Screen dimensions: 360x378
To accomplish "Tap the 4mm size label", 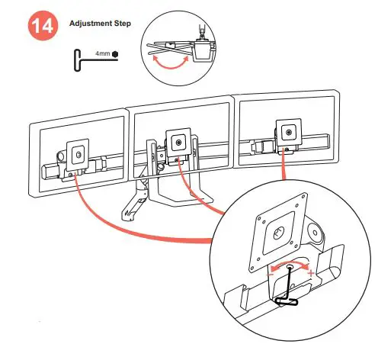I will coord(103,55).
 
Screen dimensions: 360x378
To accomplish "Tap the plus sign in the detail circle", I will coord(311,273).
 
